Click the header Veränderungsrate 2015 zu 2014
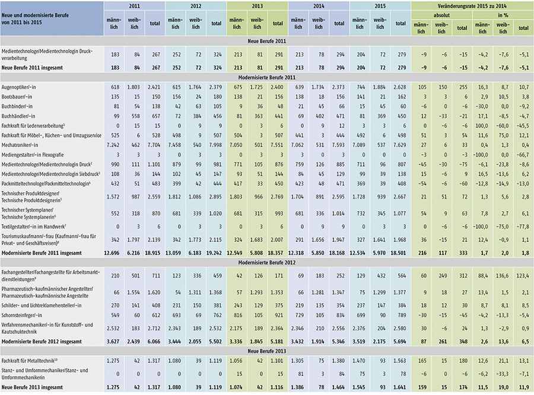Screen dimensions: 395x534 [472, 7]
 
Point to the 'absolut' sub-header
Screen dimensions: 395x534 [441, 15]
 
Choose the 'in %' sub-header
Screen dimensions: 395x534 [503, 15]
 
